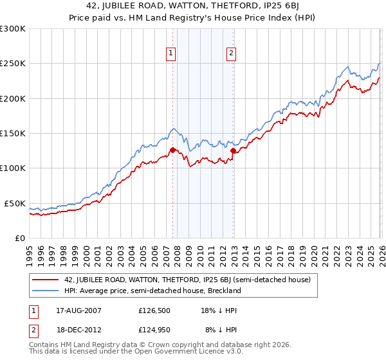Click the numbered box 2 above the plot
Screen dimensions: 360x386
[231, 54]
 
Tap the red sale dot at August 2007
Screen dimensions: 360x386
[172, 150]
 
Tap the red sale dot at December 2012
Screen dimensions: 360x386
[233, 151]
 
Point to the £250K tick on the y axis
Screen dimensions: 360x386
[13, 64]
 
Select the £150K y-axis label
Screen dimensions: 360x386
[13, 133]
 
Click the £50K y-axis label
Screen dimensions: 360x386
[15, 203]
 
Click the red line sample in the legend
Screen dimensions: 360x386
[45, 280]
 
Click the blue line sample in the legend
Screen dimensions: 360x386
[45, 291]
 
